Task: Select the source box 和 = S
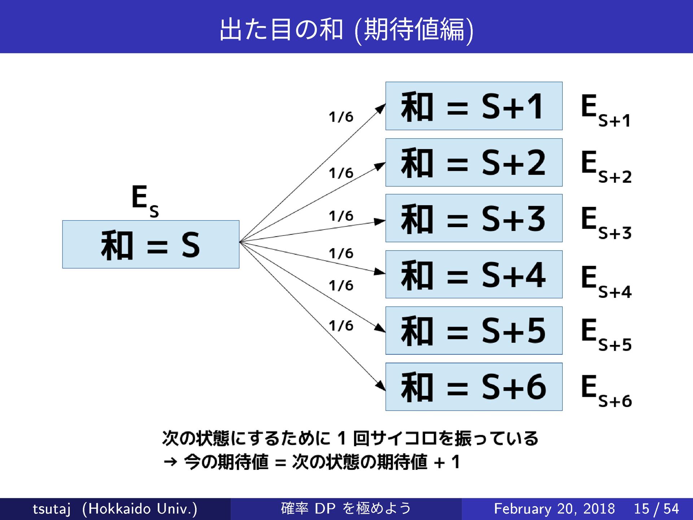[x=151, y=244]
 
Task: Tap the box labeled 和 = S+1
[x=474, y=106]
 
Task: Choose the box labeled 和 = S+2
[x=474, y=162]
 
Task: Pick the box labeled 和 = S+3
[x=474, y=218]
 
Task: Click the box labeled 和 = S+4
[x=474, y=274]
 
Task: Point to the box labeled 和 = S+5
[x=474, y=330]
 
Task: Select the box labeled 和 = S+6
[x=474, y=387]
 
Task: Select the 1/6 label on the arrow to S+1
[x=341, y=117]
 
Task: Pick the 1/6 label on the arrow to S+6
[x=341, y=326]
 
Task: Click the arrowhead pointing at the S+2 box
[x=380, y=166]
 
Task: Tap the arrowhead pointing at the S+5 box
[x=380, y=328]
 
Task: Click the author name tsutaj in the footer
[x=51, y=509]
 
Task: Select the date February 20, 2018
[x=554, y=509]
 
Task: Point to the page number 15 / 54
[x=656, y=509]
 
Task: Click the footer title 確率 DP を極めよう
[x=346, y=508]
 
